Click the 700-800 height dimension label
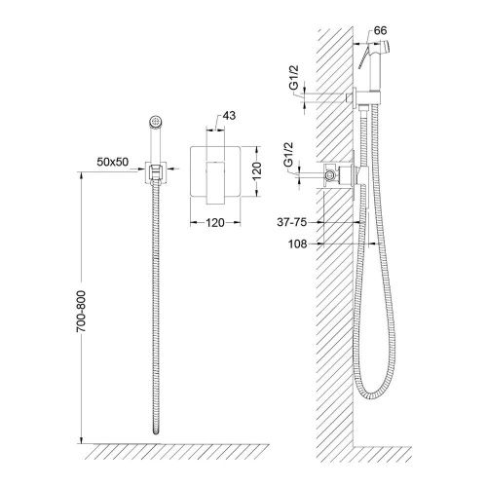[x=81, y=311]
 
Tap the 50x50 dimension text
[x=113, y=162]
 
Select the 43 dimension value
[x=230, y=115]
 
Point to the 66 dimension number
[x=380, y=30]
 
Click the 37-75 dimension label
[x=291, y=222]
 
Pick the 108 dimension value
[x=298, y=243]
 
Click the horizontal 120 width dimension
[x=215, y=223]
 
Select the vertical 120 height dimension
[x=256, y=170]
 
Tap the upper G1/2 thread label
[x=294, y=77]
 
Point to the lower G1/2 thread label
[x=289, y=154]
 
